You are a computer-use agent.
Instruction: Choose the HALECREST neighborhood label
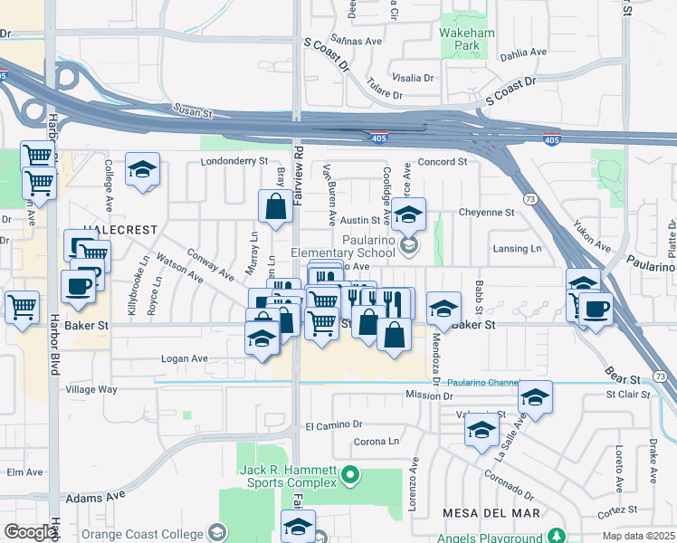click(x=120, y=230)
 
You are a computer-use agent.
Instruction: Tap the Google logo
click(x=31, y=531)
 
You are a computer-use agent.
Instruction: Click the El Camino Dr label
click(x=333, y=424)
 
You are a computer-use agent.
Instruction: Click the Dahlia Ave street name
click(x=526, y=53)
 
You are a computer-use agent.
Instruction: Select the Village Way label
click(x=91, y=389)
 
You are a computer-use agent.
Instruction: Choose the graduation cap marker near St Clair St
click(x=535, y=396)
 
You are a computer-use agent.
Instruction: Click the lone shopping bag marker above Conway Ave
click(x=275, y=205)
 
